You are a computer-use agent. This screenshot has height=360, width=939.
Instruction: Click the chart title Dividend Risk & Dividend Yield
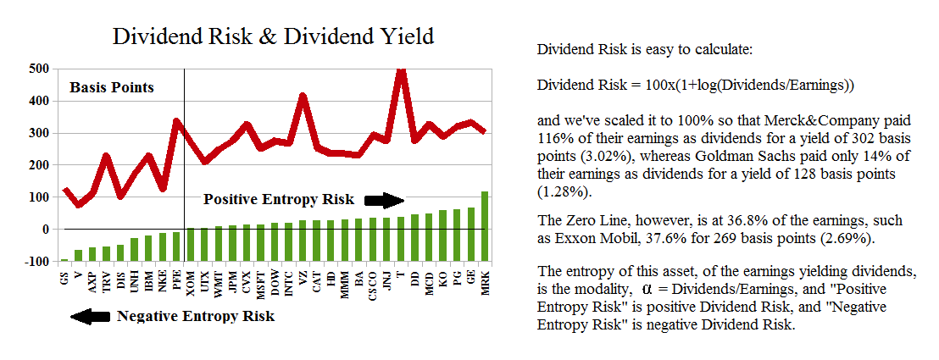tap(273, 36)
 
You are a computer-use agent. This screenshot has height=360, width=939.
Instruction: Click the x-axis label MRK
tap(485, 281)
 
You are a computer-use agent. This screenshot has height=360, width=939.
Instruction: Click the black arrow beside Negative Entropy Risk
tap(90, 316)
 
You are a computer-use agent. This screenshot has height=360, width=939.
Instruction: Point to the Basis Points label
tap(112, 87)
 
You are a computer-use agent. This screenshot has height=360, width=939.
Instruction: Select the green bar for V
tap(78, 255)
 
